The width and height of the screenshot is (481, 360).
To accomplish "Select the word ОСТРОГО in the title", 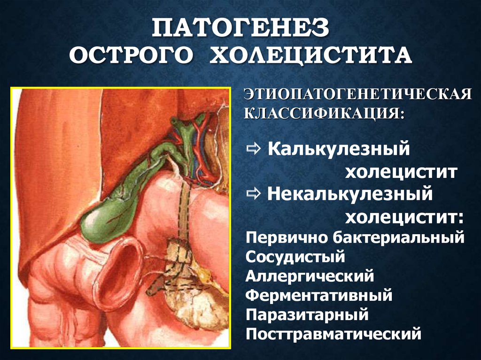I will pyautogui.click(x=131, y=57).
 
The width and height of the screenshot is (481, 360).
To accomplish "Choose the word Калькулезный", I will pyautogui.click(x=336, y=151).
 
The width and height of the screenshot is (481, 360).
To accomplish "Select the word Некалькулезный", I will pyautogui.click(x=349, y=194).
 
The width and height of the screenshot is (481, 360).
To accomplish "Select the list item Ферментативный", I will pyautogui.click(x=318, y=296).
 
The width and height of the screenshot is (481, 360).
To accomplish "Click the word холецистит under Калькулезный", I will pyautogui.click(x=401, y=173).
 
